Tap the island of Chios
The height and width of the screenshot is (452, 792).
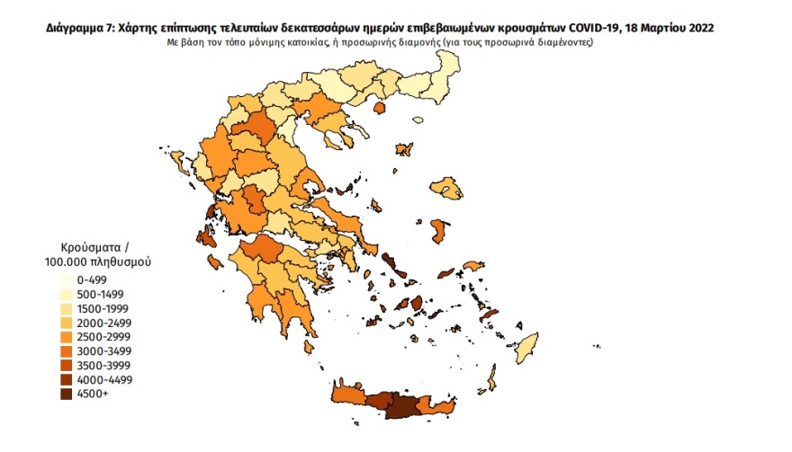pyautogui.click(x=439, y=231)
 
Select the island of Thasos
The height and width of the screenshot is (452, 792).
pyautogui.click(x=379, y=108)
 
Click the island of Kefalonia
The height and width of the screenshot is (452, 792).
pyautogui.click(x=205, y=238)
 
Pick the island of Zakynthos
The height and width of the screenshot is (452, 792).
pyautogui.click(x=215, y=263)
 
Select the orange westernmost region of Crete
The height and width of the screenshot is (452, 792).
pyautogui.click(x=346, y=396)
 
